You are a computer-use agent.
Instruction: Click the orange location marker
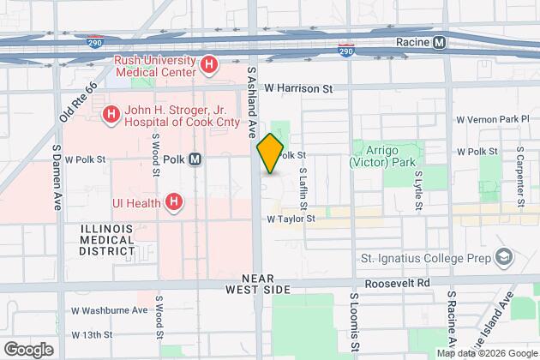point(269,153)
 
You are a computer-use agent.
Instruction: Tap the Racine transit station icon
point(439,41)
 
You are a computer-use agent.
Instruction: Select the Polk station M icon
point(195,159)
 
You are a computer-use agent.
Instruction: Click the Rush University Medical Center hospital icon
point(207,64)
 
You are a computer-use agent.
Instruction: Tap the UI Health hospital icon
point(174,202)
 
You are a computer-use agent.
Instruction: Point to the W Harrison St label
point(297,87)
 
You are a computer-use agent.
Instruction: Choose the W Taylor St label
point(291,219)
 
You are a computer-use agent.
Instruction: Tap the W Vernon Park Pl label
point(492,118)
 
